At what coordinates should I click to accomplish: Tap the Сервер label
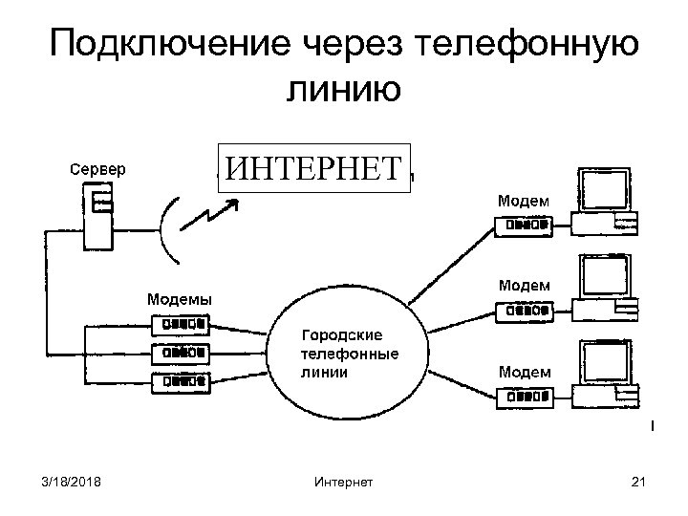97,169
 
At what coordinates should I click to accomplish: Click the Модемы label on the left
180,298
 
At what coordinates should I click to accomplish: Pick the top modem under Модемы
183,323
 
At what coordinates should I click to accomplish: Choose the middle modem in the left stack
183,352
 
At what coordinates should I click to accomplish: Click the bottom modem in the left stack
183,380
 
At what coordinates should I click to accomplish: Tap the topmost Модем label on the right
523,201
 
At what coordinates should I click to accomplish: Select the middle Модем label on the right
523,286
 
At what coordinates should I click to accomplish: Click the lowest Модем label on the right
523,371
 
